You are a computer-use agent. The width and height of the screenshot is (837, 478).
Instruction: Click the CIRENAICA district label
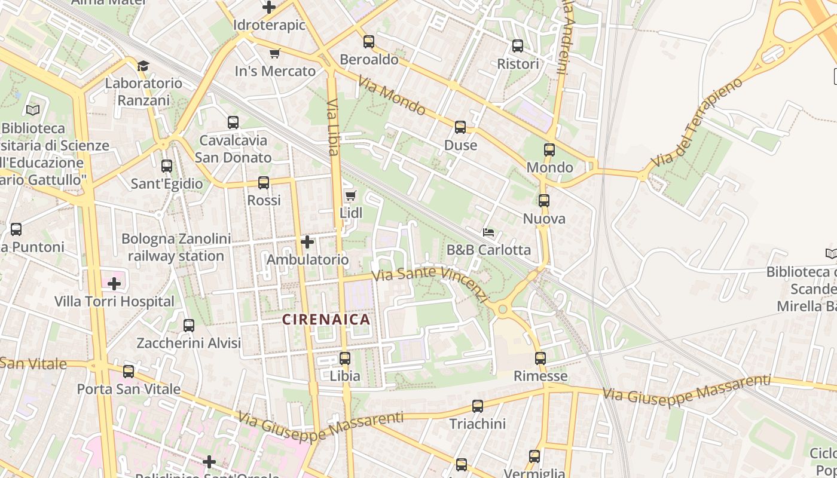point(326,320)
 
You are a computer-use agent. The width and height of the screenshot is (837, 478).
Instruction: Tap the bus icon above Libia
point(345,358)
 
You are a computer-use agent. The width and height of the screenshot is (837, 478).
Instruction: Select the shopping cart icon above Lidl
point(351,195)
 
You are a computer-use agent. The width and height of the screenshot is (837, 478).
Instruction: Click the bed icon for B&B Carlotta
point(488,232)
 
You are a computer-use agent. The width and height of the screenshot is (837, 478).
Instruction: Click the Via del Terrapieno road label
point(697,122)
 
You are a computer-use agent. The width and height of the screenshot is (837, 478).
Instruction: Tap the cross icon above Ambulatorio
point(307,242)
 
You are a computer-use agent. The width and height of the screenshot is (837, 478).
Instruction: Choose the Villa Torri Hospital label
point(114,302)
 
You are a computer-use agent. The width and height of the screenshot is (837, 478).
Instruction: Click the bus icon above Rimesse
point(540,358)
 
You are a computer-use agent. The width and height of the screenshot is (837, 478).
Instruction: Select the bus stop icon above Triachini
point(477,406)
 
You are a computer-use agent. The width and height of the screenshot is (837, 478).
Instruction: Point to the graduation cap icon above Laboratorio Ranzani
point(143,65)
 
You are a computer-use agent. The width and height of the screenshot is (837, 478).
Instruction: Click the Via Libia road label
point(333,127)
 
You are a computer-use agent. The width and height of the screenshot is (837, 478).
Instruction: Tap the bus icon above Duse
point(460,127)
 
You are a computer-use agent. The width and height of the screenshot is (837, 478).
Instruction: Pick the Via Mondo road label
point(392,95)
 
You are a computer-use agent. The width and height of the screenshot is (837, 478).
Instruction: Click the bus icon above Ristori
point(518,46)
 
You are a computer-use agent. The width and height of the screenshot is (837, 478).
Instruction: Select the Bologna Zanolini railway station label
point(176,247)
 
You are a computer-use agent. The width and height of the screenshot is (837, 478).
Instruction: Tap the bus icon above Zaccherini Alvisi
point(189,326)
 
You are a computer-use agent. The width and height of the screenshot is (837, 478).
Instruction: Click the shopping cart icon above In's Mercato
point(275,54)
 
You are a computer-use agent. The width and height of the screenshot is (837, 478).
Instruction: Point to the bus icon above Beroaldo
point(369,42)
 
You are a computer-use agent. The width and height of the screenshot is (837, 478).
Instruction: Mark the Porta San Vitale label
point(129,389)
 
